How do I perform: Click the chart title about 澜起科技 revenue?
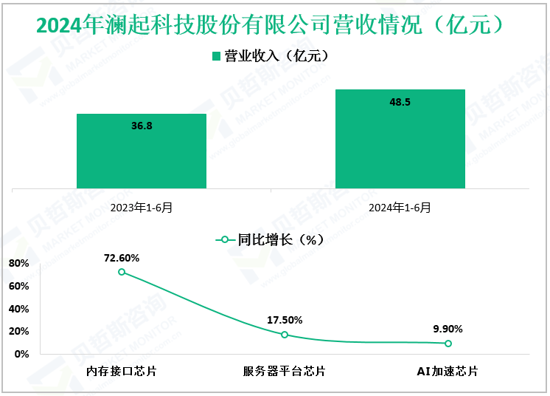274,25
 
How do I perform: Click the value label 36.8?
142,126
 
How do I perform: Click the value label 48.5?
400,102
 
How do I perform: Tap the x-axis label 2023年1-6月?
142,208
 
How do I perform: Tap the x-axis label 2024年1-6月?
400,208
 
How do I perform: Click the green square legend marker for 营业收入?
217,56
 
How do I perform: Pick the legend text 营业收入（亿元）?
275,56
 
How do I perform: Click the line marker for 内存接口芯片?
122,272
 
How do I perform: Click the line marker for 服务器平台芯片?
285,335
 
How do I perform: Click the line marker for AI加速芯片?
448,344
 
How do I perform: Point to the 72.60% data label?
122,258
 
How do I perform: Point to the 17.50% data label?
285,320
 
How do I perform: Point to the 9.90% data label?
448,329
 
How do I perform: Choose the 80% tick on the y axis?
19,264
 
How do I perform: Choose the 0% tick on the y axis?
22,355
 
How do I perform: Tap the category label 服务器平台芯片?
285,371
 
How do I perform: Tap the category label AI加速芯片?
448,371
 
